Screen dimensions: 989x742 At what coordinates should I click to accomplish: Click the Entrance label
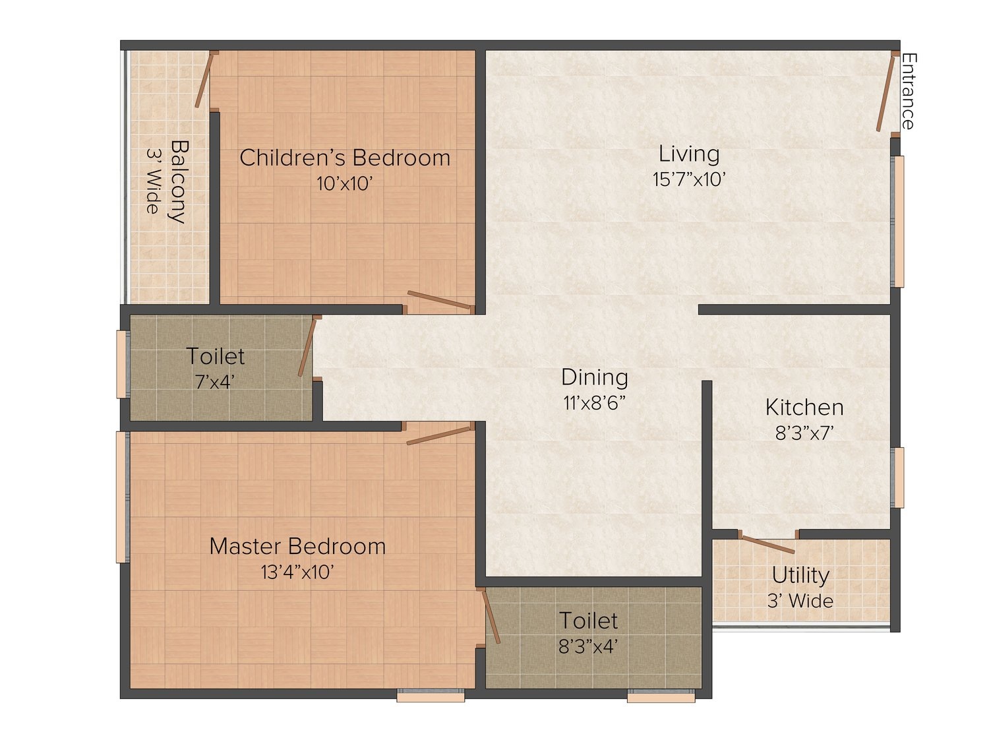click(x=909, y=92)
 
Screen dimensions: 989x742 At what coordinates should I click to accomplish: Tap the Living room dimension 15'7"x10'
click(x=689, y=179)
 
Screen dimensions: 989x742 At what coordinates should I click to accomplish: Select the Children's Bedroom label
click(x=345, y=158)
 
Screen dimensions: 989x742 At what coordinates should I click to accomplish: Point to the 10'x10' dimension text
click(x=344, y=183)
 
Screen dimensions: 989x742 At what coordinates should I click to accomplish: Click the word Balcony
click(x=179, y=181)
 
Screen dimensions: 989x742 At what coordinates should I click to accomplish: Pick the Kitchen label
click(x=804, y=407)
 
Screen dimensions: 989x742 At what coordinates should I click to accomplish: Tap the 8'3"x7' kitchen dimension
click(x=804, y=433)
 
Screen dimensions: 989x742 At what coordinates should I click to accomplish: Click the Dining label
click(x=594, y=377)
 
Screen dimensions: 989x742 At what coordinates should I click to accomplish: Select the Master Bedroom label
click(x=297, y=547)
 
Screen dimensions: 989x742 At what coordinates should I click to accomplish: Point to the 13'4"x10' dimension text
click(x=297, y=572)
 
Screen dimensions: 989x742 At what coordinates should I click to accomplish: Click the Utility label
click(x=800, y=575)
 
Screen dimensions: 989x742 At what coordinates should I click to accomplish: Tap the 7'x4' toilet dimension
click(x=214, y=382)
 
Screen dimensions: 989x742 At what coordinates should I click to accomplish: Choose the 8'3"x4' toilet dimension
click(x=587, y=646)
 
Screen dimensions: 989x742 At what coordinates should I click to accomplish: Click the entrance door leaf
click(x=885, y=93)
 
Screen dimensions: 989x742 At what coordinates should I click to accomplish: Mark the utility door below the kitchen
click(x=767, y=544)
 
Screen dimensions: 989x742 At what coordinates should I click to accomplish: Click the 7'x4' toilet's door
click(x=307, y=346)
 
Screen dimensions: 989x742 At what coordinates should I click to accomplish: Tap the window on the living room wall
click(x=898, y=221)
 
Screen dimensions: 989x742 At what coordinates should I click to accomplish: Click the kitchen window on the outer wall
click(x=898, y=478)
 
